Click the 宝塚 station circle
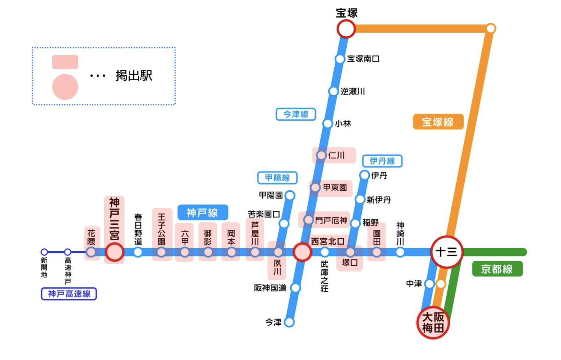tap(346, 29)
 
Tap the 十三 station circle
tap(447, 252)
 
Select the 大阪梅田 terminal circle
tap(433, 323)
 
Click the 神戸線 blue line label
tap(203, 213)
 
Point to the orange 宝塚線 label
tap(438, 122)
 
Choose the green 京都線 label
tap(497, 269)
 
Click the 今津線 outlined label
tap(296, 114)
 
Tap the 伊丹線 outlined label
tap(382, 161)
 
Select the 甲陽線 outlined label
tap(277, 178)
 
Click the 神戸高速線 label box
tap(69, 294)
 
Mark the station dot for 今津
tap(289, 322)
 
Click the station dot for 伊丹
tap(365, 175)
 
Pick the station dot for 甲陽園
tap(290, 195)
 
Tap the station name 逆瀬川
tap(353, 91)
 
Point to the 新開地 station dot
tap(44, 252)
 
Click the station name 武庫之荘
tap(325, 276)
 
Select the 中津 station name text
tap(414, 284)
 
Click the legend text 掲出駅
tap(134, 76)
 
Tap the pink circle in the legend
tap(65, 87)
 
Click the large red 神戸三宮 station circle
tap(114, 252)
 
